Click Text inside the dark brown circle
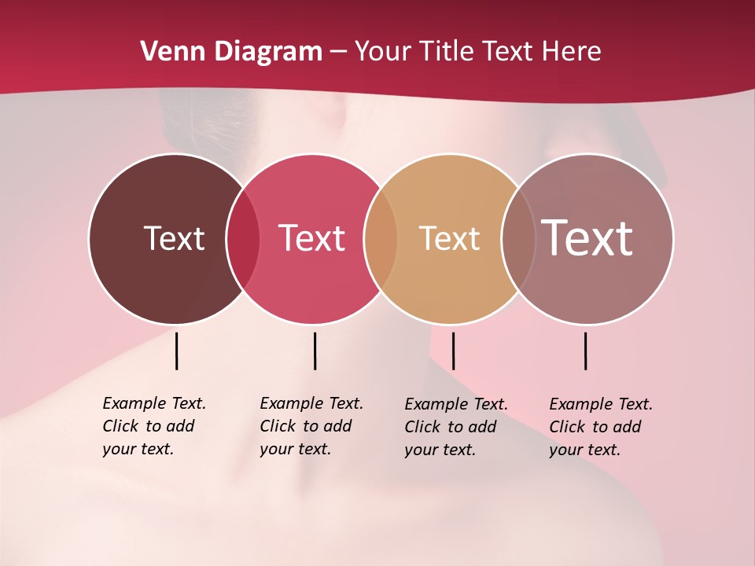pyautogui.click(x=174, y=238)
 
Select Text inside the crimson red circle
pyautogui.click(x=311, y=238)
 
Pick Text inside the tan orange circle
pyautogui.click(x=449, y=238)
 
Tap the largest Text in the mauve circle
pyautogui.click(x=587, y=238)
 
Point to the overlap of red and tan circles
pyautogui.click(x=381, y=239)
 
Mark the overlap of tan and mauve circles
pyautogui.click(x=518, y=239)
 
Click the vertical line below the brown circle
pyautogui.click(x=176, y=351)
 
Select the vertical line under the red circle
pyautogui.click(x=315, y=351)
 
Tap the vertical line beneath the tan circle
pyautogui.click(x=453, y=351)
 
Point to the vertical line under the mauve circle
pyautogui.click(x=585, y=351)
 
